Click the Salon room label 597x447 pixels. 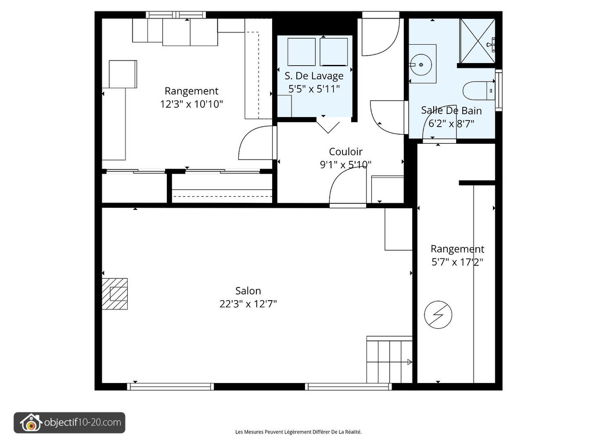pyautogui.click(x=248, y=291)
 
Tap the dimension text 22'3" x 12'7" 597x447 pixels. pyautogui.click(x=248, y=304)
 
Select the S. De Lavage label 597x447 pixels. pyautogui.click(x=314, y=76)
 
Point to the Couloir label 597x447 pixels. pyautogui.click(x=345, y=152)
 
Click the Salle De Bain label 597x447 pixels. pyautogui.click(x=451, y=110)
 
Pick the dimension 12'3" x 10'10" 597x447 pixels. pyautogui.click(x=191, y=104)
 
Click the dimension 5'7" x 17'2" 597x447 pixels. pyautogui.click(x=457, y=262)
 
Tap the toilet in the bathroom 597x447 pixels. pyautogui.click(x=476, y=91)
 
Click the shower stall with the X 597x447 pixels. pyautogui.click(x=477, y=41)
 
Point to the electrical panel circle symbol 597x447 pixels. pyautogui.click(x=438, y=314)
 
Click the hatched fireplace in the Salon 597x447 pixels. pyautogui.click(x=115, y=294)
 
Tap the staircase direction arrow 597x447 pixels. pyautogui.click(x=409, y=362)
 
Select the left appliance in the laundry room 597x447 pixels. pyautogui.click(x=301, y=52)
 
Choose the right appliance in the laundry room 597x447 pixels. pyautogui.click(x=334, y=52)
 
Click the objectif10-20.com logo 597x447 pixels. pyautogui.click(x=69, y=423)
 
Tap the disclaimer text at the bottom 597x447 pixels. pyautogui.click(x=298, y=432)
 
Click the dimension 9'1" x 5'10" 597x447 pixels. pyautogui.click(x=345, y=165)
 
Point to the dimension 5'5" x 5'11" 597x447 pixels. pyautogui.click(x=314, y=89)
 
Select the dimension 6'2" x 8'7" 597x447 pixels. pyautogui.click(x=451, y=124)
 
